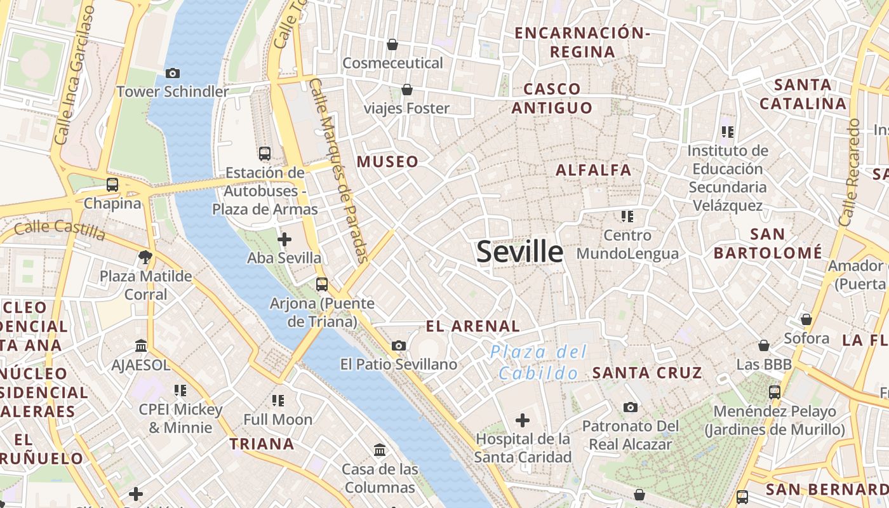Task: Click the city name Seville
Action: (519, 252)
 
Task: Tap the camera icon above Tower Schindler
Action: (172, 74)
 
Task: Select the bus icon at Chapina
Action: (112, 185)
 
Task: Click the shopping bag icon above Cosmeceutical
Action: (392, 44)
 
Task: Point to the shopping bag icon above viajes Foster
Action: (406, 90)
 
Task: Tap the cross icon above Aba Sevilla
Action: (284, 239)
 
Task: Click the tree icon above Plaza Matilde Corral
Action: (145, 257)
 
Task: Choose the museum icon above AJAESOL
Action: (141, 346)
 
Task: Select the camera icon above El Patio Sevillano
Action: (399, 345)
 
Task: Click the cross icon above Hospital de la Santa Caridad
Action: (523, 420)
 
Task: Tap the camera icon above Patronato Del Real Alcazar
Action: (630, 407)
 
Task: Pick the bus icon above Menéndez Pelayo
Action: (775, 392)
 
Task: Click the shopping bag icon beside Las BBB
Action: (764, 345)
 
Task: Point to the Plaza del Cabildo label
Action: (538, 362)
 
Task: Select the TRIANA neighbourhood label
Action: (262, 444)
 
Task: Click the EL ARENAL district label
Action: (472, 326)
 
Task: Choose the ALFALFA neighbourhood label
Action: (593, 170)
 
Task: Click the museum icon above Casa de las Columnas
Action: (380, 450)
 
